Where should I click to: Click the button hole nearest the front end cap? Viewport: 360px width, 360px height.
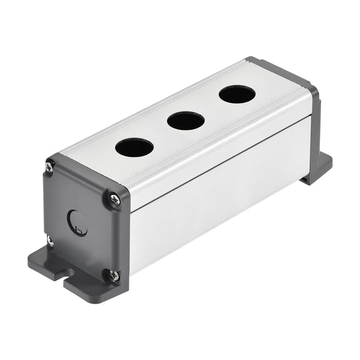(x=134, y=148)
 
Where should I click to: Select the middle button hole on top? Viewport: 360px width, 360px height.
(x=186, y=121)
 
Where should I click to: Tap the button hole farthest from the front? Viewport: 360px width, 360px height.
(x=237, y=94)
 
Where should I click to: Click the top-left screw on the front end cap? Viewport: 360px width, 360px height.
(x=50, y=166)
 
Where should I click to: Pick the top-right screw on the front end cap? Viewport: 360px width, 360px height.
(x=115, y=199)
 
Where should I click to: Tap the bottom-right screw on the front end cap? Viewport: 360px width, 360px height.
(x=114, y=274)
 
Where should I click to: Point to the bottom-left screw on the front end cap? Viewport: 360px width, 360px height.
(x=49, y=239)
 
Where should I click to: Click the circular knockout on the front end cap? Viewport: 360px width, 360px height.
(x=77, y=222)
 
